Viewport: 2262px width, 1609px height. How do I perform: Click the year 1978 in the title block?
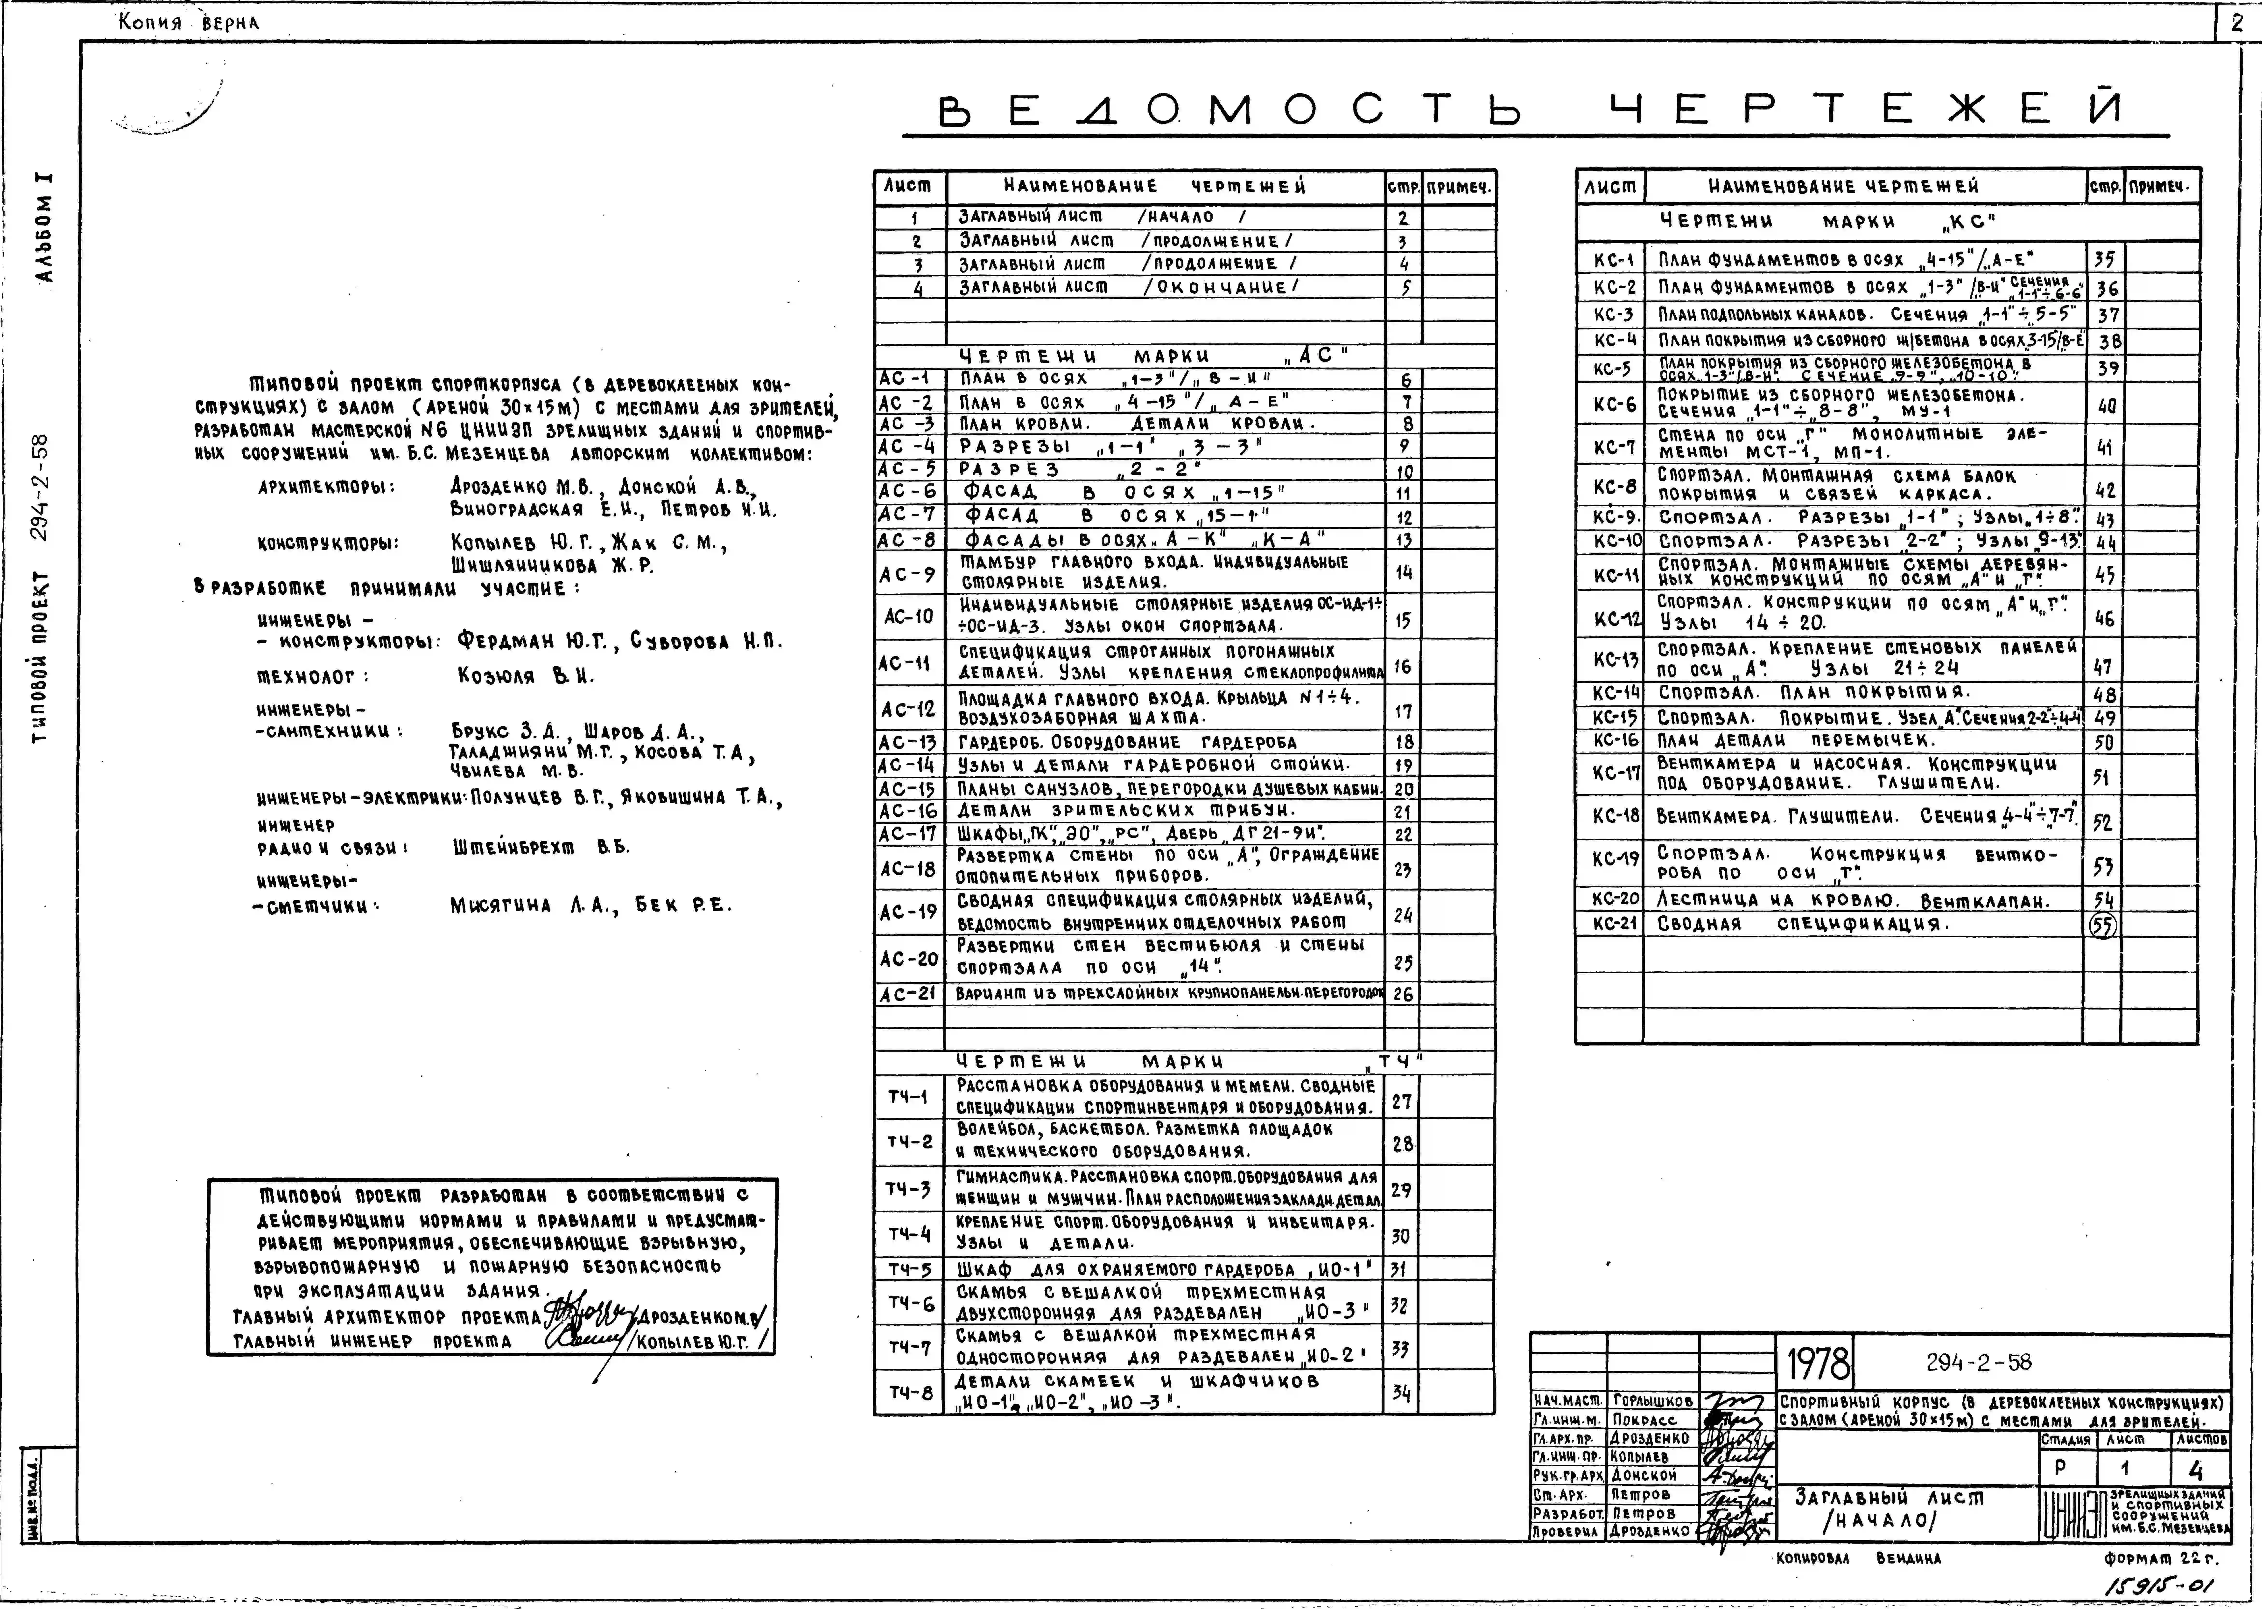1818,1364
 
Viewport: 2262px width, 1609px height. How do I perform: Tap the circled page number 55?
2102,925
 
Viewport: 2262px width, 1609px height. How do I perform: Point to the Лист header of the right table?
1610,186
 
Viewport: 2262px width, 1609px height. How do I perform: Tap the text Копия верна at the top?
188,22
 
